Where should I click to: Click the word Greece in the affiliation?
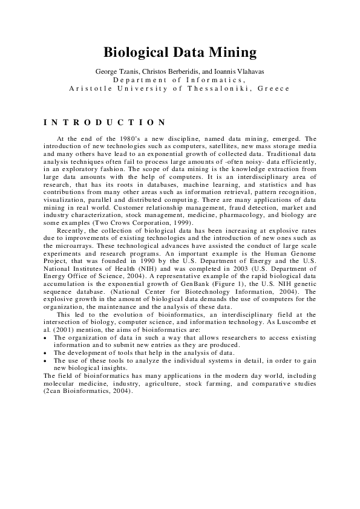point(273,88)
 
